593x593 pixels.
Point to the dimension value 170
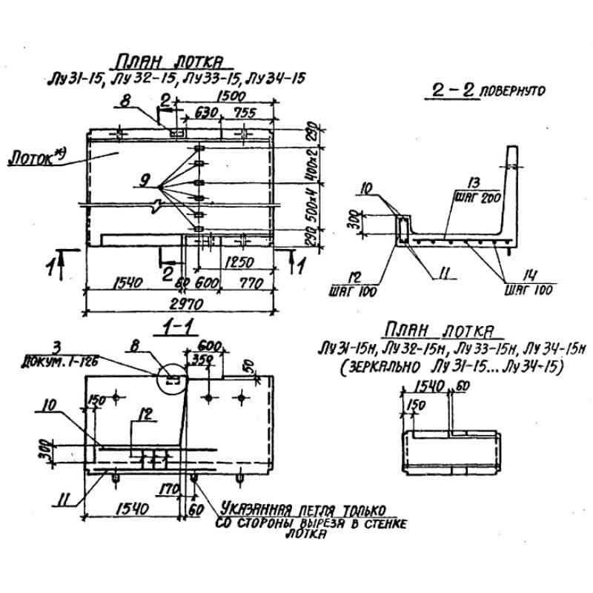(167, 489)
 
